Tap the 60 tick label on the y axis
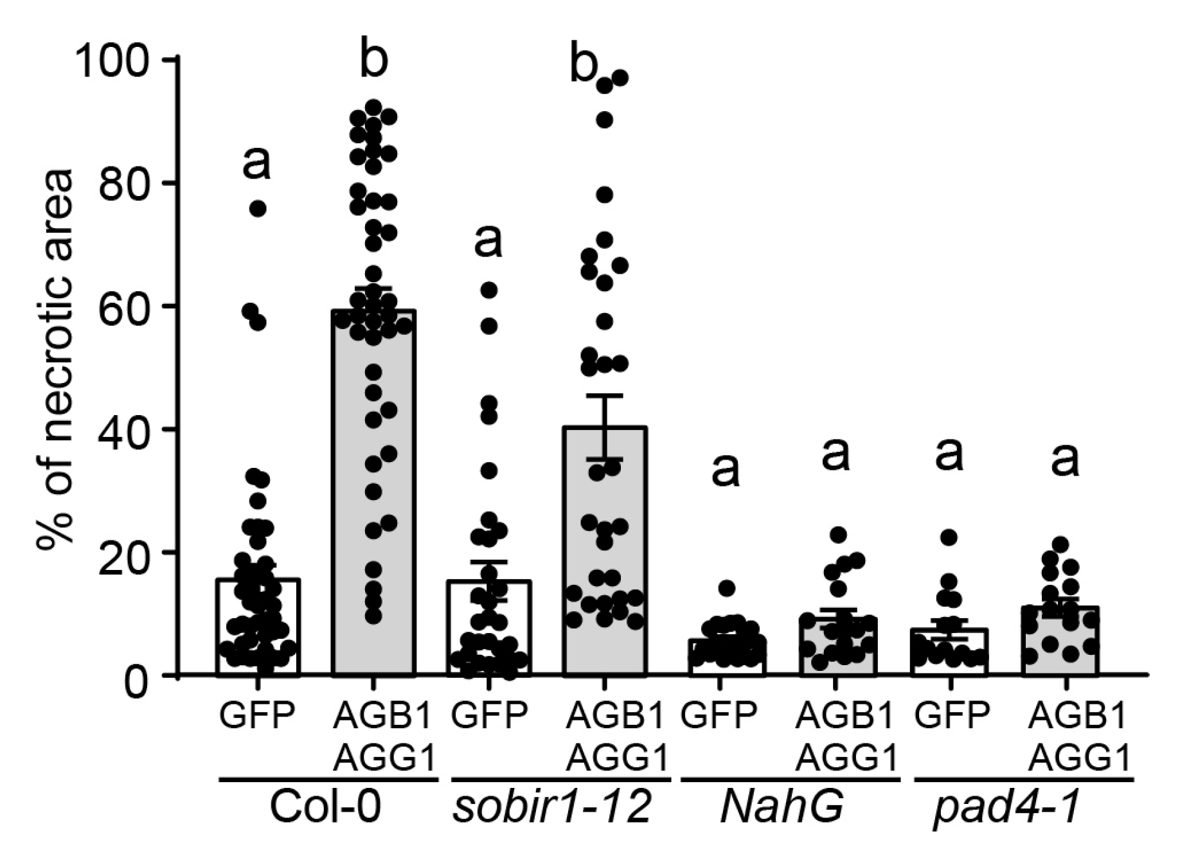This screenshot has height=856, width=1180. click(x=126, y=307)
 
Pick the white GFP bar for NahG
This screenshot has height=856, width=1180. click(x=726, y=658)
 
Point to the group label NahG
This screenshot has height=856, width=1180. click(x=782, y=807)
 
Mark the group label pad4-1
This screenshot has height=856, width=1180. click(x=1006, y=807)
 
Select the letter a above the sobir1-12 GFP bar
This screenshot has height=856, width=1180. click(x=488, y=241)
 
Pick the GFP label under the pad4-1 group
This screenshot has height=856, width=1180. click(x=951, y=715)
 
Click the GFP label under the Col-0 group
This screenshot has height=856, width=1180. click(x=257, y=715)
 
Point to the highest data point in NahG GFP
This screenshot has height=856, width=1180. click(x=726, y=587)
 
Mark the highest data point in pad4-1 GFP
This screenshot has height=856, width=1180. click(x=950, y=537)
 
